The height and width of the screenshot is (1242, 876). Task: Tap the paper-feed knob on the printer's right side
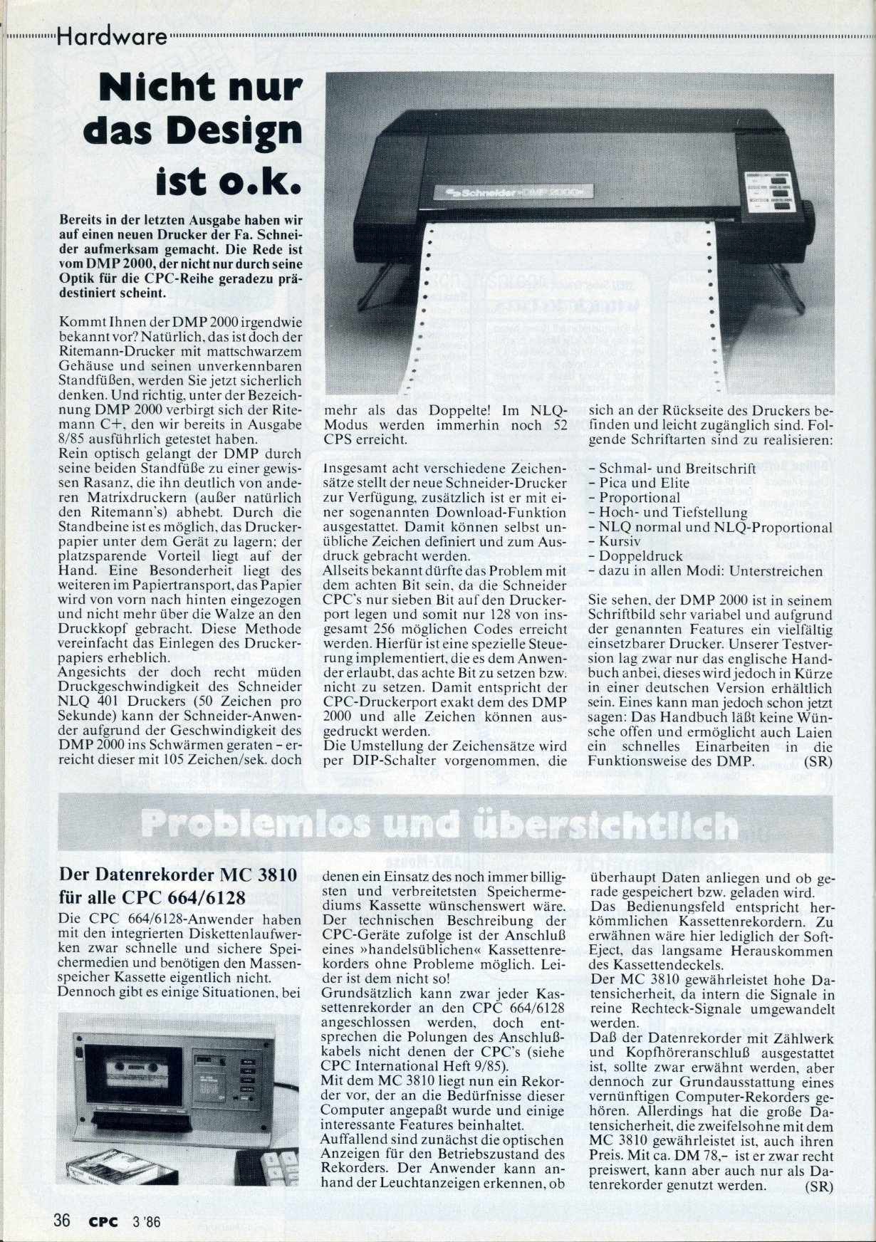point(810,212)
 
